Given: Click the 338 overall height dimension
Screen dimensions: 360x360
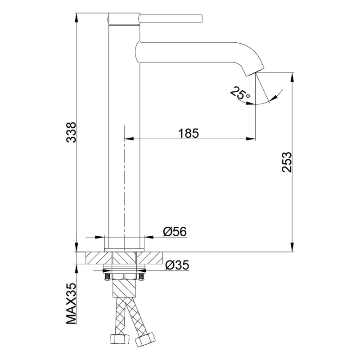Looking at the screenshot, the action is (x=71, y=132).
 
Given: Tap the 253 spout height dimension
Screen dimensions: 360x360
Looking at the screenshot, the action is (x=287, y=162).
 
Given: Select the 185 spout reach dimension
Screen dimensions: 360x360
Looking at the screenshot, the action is (x=189, y=133).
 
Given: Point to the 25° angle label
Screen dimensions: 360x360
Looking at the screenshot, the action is (x=239, y=94).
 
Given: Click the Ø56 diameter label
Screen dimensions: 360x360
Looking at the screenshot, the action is (x=175, y=231).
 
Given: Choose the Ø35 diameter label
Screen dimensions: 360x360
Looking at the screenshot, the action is (x=177, y=265).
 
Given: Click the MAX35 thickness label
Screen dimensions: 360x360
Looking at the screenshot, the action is (x=71, y=303).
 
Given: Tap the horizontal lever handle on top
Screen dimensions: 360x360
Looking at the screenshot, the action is (x=171, y=19).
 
